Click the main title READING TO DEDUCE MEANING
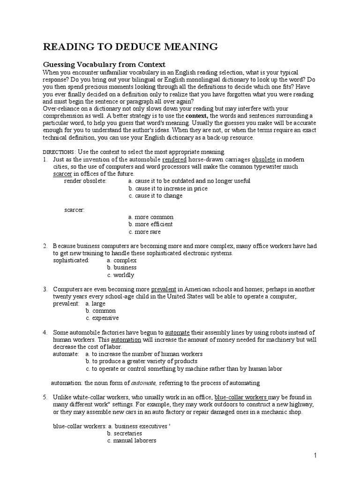pos(130,46)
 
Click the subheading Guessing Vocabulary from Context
pos(105,64)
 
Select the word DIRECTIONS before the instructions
pos(59,152)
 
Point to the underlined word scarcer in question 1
pos(63,174)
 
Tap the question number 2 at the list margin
pos(45,246)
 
